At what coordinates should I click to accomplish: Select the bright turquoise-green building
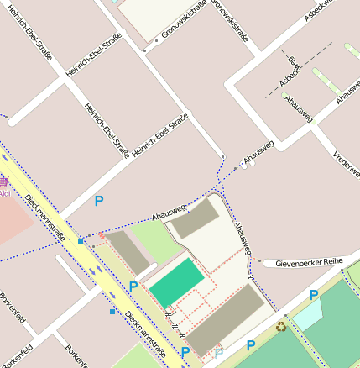[x=177, y=283]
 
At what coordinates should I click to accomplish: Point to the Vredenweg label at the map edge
[x=347, y=160]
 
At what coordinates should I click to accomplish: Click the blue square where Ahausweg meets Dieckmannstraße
[x=81, y=241]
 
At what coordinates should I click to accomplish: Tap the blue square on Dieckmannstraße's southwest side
[x=112, y=312]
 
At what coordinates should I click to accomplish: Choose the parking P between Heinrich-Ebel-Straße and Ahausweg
[x=99, y=201]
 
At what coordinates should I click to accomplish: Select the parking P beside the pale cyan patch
[x=313, y=295]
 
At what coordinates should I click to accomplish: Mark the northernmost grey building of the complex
[x=195, y=218]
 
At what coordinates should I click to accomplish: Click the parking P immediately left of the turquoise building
[x=133, y=287]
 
